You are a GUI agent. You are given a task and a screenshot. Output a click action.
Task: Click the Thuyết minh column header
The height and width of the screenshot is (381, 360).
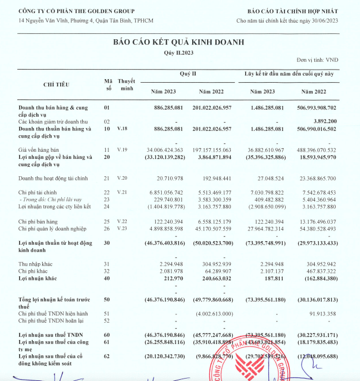pyautogui.click(x=127, y=85)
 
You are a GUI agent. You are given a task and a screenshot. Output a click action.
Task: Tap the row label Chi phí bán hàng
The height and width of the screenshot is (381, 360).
pyautogui.click(x=39, y=221)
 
